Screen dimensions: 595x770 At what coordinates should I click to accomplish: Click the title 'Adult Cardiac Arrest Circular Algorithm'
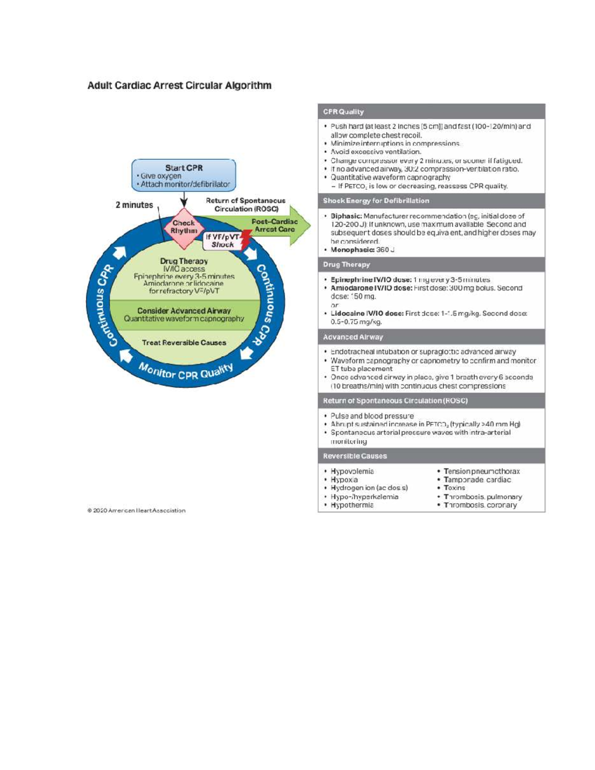(179, 85)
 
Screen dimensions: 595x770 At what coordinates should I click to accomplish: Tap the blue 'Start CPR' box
(183, 176)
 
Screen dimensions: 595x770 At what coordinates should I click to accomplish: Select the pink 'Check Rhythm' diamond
(183, 227)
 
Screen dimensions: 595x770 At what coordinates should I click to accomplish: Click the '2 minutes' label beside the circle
(134, 205)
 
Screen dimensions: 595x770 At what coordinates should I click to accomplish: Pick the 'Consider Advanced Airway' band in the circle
(184, 314)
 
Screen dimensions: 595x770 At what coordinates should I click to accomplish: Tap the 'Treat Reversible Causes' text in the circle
(184, 343)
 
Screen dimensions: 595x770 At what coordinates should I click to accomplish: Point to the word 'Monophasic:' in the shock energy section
(353, 250)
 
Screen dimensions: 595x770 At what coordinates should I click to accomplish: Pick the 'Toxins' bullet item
(454, 488)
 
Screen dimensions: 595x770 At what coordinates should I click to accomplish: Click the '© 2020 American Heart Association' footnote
(136, 510)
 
